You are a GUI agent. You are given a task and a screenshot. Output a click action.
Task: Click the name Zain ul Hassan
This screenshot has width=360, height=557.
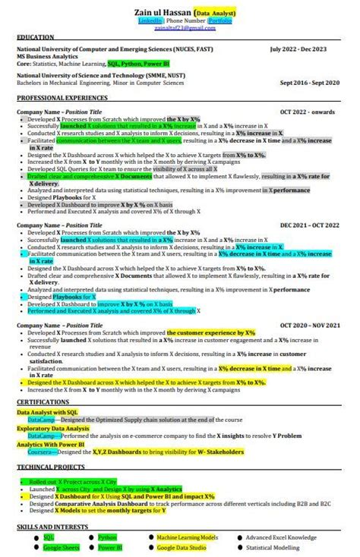tap(159, 13)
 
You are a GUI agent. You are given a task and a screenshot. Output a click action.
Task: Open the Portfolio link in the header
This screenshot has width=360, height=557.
tap(220, 23)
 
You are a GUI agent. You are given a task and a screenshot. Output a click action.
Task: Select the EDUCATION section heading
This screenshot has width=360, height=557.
tap(36, 37)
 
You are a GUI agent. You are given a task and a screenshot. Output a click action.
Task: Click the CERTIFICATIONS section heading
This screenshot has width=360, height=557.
tap(43, 401)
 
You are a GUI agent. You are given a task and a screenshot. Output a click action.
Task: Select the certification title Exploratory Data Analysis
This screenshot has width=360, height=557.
tap(53, 429)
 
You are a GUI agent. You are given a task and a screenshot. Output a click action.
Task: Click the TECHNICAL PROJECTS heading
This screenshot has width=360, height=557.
tap(51, 467)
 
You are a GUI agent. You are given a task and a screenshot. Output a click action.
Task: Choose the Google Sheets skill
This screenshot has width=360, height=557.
tap(61, 547)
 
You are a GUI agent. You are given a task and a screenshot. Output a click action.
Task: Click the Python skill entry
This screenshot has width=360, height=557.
tap(107, 537)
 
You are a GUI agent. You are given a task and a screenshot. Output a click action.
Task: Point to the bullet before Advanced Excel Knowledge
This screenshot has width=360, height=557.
tap(241, 537)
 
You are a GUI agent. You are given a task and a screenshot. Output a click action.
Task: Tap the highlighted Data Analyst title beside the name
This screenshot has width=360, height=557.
tap(216, 13)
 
